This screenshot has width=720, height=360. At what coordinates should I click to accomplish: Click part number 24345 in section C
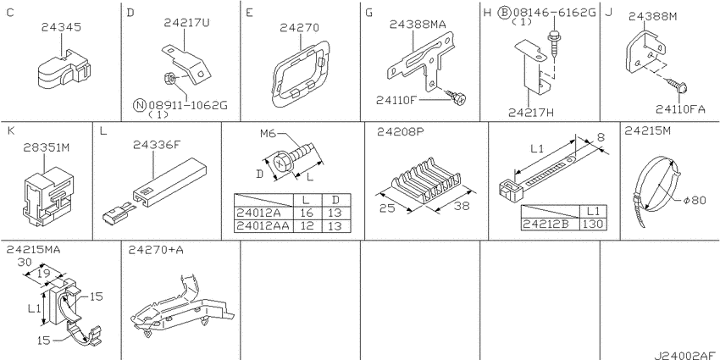point(61,28)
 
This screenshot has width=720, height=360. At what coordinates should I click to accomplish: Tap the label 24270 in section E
point(299,28)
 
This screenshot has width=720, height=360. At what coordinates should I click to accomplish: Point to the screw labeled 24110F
point(456,96)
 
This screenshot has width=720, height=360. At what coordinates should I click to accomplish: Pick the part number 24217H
point(529,113)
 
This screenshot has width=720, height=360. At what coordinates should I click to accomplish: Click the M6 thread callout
point(269,134)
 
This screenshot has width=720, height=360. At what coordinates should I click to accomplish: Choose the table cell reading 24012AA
point(263,225)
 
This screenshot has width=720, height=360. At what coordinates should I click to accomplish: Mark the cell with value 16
point(307,213)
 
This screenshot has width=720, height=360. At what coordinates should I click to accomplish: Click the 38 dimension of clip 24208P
point(461,206)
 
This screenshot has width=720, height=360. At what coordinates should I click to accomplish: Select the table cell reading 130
point(593,224)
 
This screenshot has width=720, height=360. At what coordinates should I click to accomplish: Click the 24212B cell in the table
point(550,224)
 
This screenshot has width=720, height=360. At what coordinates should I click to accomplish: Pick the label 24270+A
point(150,250)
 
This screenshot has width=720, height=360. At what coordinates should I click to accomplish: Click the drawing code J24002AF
point(685,355)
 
